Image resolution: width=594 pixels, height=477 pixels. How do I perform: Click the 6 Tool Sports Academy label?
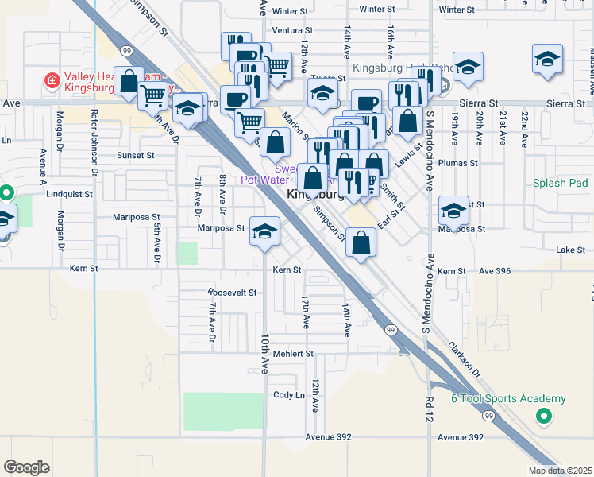point(508,398)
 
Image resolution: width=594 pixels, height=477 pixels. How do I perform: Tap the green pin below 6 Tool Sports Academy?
point(543,415)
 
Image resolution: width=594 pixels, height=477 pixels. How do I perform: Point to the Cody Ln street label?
point(288,395)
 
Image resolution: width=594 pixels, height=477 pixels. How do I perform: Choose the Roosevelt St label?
point(232,293)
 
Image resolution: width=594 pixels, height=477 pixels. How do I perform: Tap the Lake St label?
point(571,250)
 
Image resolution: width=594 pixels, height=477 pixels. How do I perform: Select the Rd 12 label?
point(430,408)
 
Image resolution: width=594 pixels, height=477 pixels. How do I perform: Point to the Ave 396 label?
point(495,272)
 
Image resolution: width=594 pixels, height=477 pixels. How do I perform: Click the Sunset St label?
point(135,156)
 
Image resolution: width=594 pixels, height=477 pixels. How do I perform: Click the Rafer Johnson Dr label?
point(93,142)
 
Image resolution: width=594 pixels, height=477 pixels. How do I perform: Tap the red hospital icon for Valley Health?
point(52,79)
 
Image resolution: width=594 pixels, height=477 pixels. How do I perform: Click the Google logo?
point(26,467)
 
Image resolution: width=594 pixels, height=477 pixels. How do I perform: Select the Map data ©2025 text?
point(560,471)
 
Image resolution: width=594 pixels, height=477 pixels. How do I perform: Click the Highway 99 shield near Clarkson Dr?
point(391,328)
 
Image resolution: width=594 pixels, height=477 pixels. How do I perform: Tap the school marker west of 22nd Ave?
point(547,60)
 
